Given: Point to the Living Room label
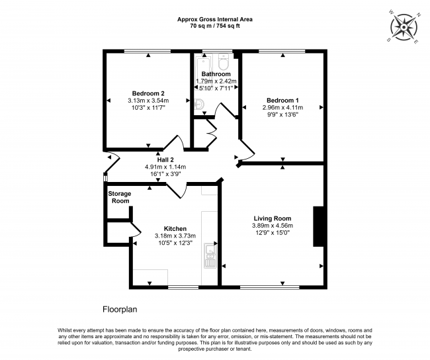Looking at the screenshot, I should pos(273,218).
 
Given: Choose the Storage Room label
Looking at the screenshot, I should pos(120,197).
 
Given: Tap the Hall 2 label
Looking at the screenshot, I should pos(165,159).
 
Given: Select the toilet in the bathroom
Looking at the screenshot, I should pos(223,62).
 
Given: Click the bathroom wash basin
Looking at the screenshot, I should pos(199,103).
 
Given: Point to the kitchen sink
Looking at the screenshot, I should pos(211,255).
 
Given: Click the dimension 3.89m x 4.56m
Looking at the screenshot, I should pos(273,226).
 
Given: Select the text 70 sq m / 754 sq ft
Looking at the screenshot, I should pos(214,27).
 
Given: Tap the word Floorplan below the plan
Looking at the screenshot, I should pos(120,309).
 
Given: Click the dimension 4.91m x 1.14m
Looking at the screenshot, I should pos(165,167).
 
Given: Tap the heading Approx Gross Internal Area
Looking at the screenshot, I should pos(214,20).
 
